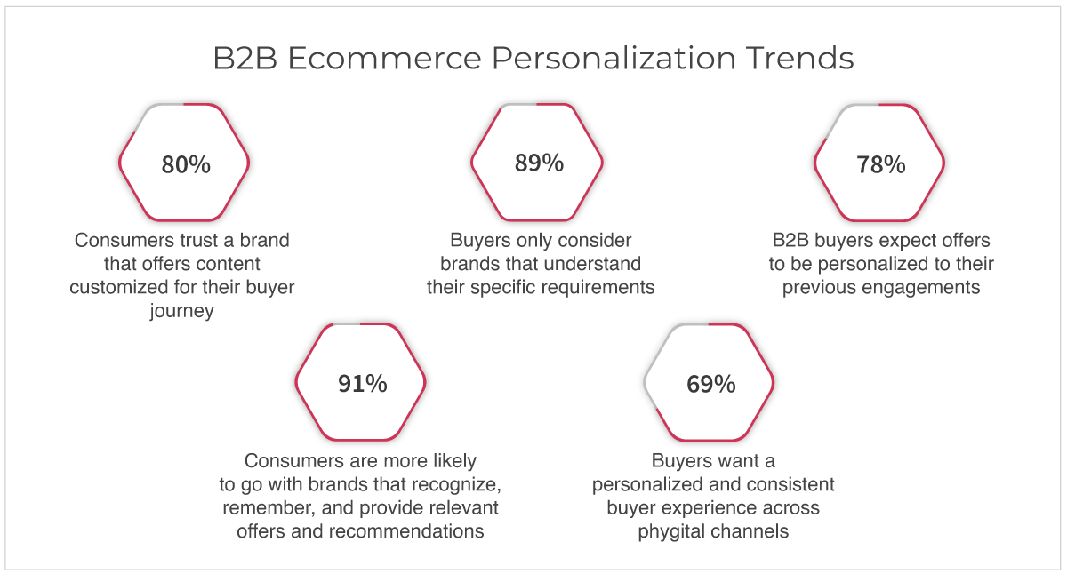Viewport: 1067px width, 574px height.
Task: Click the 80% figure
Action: click(x=186, y=164)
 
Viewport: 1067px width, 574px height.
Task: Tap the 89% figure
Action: click(x=539, y=163)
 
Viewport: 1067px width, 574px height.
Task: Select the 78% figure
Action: click(x=881, y=164)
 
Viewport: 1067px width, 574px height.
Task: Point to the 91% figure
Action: click(x=363, y=384)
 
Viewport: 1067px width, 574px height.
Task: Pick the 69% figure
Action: click(x=710, y=384)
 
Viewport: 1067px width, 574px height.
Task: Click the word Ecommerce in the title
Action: click(x=384, y=58)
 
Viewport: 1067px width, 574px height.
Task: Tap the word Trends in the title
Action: click(x=799, y=58)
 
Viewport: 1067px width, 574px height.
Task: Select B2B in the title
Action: click(x=245, y=58)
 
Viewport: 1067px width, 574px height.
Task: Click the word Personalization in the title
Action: click(x=614, y=58)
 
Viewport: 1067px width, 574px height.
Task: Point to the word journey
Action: click(x=181, y=311)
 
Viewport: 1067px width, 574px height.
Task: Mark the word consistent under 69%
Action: click(x=789, y=484)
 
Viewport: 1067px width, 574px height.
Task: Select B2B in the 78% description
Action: click(x=790, y=241)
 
